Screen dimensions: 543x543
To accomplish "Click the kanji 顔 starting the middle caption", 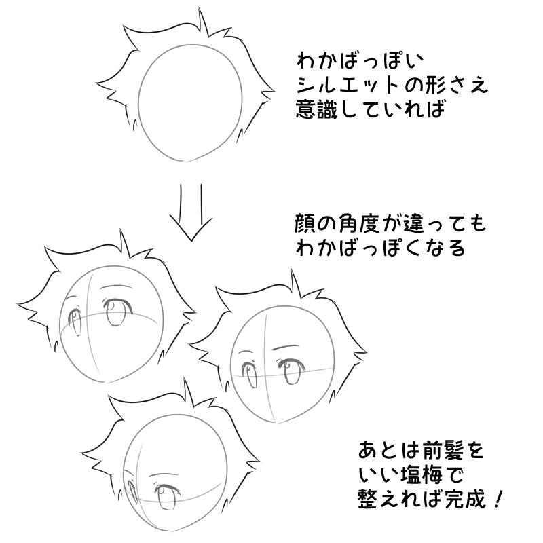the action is pyautogui.click(x=307, y=223).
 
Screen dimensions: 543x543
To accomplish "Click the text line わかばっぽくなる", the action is pyautogui.click(x=380, y=248).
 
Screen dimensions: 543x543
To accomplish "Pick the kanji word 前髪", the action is pyautogui.click(x=443, y=451).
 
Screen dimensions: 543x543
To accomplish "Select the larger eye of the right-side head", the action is pyautogui.click(x=293, y=372).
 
